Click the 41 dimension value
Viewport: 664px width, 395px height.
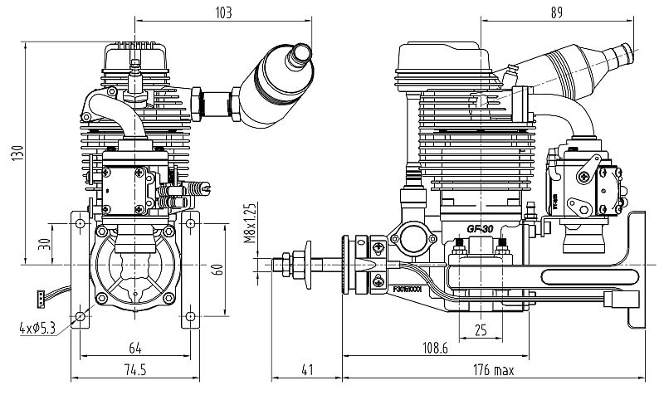coord(307,369)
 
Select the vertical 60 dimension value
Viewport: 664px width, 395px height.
coord(218,268)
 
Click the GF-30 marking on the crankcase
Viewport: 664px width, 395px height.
coord(481,229)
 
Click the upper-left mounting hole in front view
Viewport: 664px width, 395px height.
coord(80,222)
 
